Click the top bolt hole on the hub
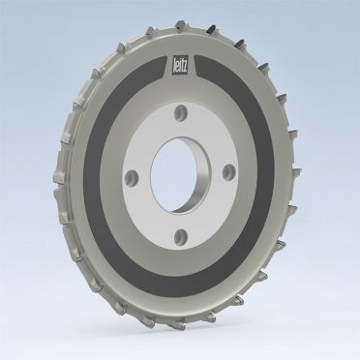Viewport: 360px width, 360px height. click(x=180, y=113)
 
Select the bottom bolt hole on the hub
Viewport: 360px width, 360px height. click(x=181, y=236)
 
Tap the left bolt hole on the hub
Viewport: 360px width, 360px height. click(x=132, y=178)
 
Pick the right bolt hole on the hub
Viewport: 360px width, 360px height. click(x=229, y=171)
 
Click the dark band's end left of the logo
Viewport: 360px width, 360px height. click(x=164, y=67)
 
